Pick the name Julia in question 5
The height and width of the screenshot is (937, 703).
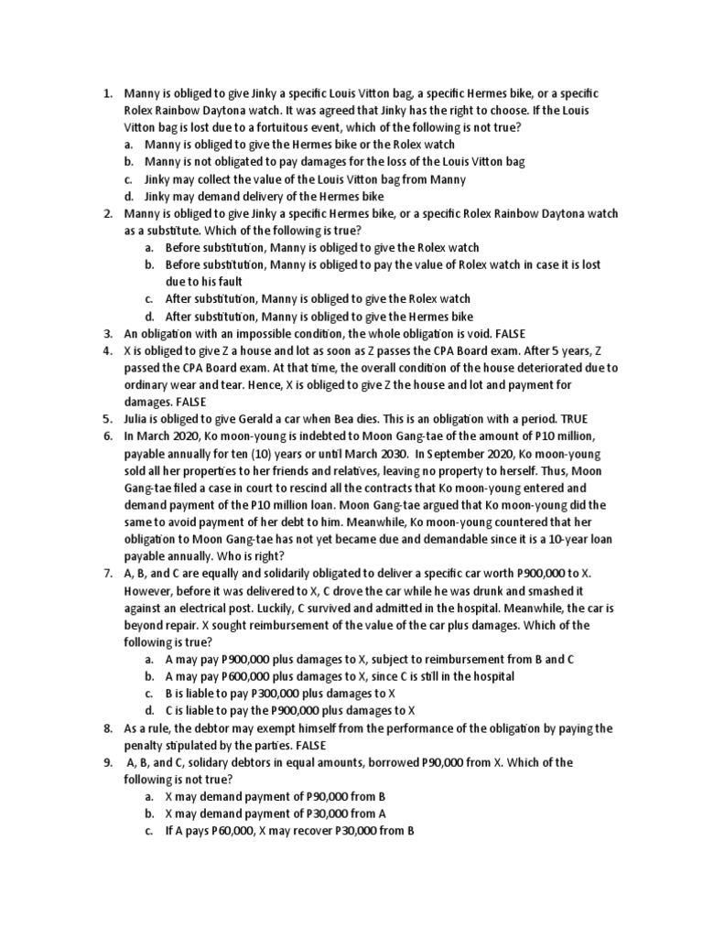coord(139,419)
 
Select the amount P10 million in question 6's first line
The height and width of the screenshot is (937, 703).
coord(582,436)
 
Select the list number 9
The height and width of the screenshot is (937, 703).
coord(106,762)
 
